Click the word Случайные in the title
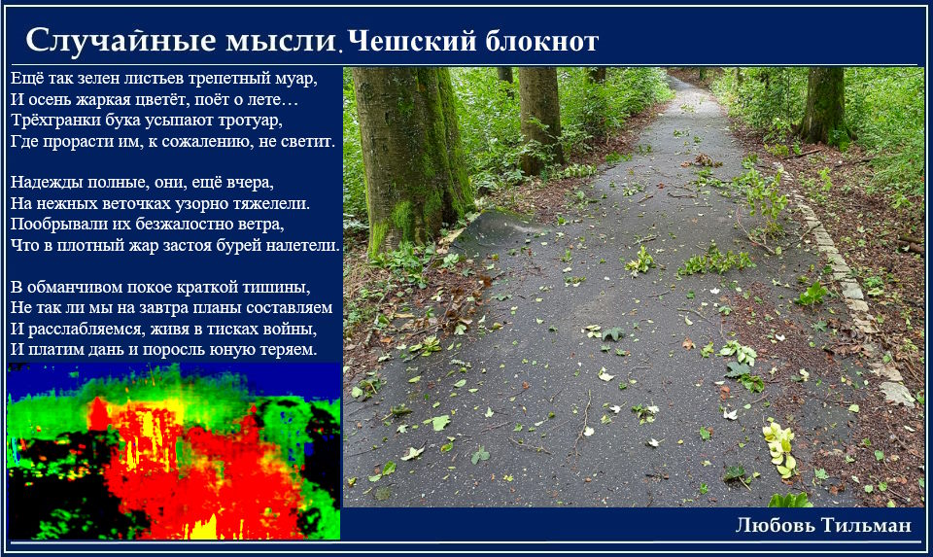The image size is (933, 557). pyautogui.click(x=121, y=41)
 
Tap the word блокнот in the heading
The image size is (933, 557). pyautogui.click(x=541, y=41)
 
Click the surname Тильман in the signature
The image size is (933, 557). pyautogui.click(x=866, y=525)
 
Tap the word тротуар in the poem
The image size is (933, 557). pyautogui.click(x=250, y=122)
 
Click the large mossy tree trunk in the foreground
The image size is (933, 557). pyautogui.click(x=410, y=155)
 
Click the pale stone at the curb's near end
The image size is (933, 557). pyautogui.click(x=896, y=394)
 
